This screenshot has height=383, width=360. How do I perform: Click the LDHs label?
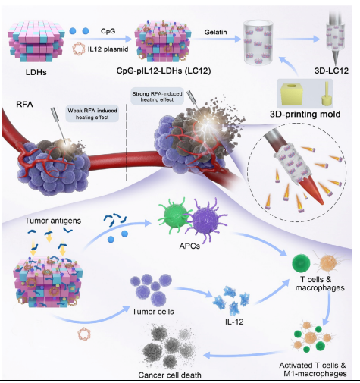(36, 72)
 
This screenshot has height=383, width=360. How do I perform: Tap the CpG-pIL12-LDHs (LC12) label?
(164, 71)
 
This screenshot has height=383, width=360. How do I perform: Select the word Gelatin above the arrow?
(215, 32)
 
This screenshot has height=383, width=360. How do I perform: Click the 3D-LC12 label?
(331, 71)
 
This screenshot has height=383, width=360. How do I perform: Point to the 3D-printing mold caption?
(305, 115)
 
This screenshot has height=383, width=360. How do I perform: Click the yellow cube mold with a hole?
(292, 94)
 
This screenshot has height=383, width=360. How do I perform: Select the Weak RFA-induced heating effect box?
(92, 114)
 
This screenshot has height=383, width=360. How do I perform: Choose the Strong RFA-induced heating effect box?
(157, 96)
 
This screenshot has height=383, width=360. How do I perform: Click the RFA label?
(24, 105)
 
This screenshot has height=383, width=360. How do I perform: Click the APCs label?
(189, 246)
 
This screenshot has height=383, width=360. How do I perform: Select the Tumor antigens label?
(53, 221)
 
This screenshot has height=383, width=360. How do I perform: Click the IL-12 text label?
(234, 322)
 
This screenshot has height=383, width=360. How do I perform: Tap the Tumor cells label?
(153, 312)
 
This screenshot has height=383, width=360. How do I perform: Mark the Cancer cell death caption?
(170, 375)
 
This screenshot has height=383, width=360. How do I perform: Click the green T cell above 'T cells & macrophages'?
(301, 263)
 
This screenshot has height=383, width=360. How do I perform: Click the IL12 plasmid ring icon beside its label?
(79, 49)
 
